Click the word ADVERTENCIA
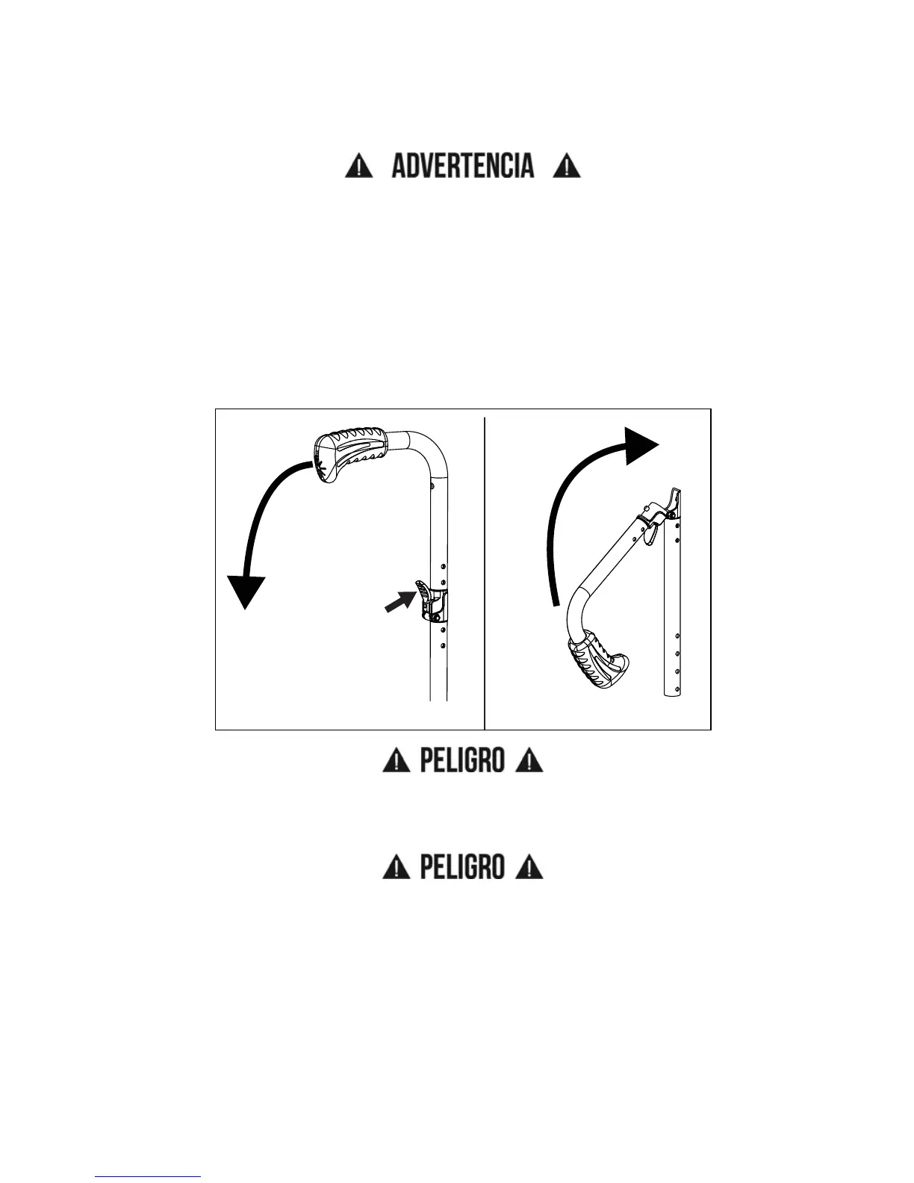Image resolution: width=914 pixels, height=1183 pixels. coord(463,166)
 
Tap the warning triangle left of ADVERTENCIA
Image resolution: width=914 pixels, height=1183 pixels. coord(358,166)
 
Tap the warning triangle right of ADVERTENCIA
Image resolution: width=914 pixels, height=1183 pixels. coord(567,166)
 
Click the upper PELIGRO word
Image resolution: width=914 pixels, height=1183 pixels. coord(462,761)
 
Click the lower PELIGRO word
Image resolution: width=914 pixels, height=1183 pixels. coord(462,867)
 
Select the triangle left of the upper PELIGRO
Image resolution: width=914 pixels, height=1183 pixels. coord(396,762)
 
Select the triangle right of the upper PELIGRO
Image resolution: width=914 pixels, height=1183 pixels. coord(529,762)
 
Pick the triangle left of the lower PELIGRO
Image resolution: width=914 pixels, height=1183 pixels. coord(396,868)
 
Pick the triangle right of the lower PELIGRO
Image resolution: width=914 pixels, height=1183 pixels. coord(529,868)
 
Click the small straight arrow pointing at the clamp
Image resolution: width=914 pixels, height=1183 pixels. coord(399,600)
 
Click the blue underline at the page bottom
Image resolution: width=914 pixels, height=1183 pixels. coord(148,1177)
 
